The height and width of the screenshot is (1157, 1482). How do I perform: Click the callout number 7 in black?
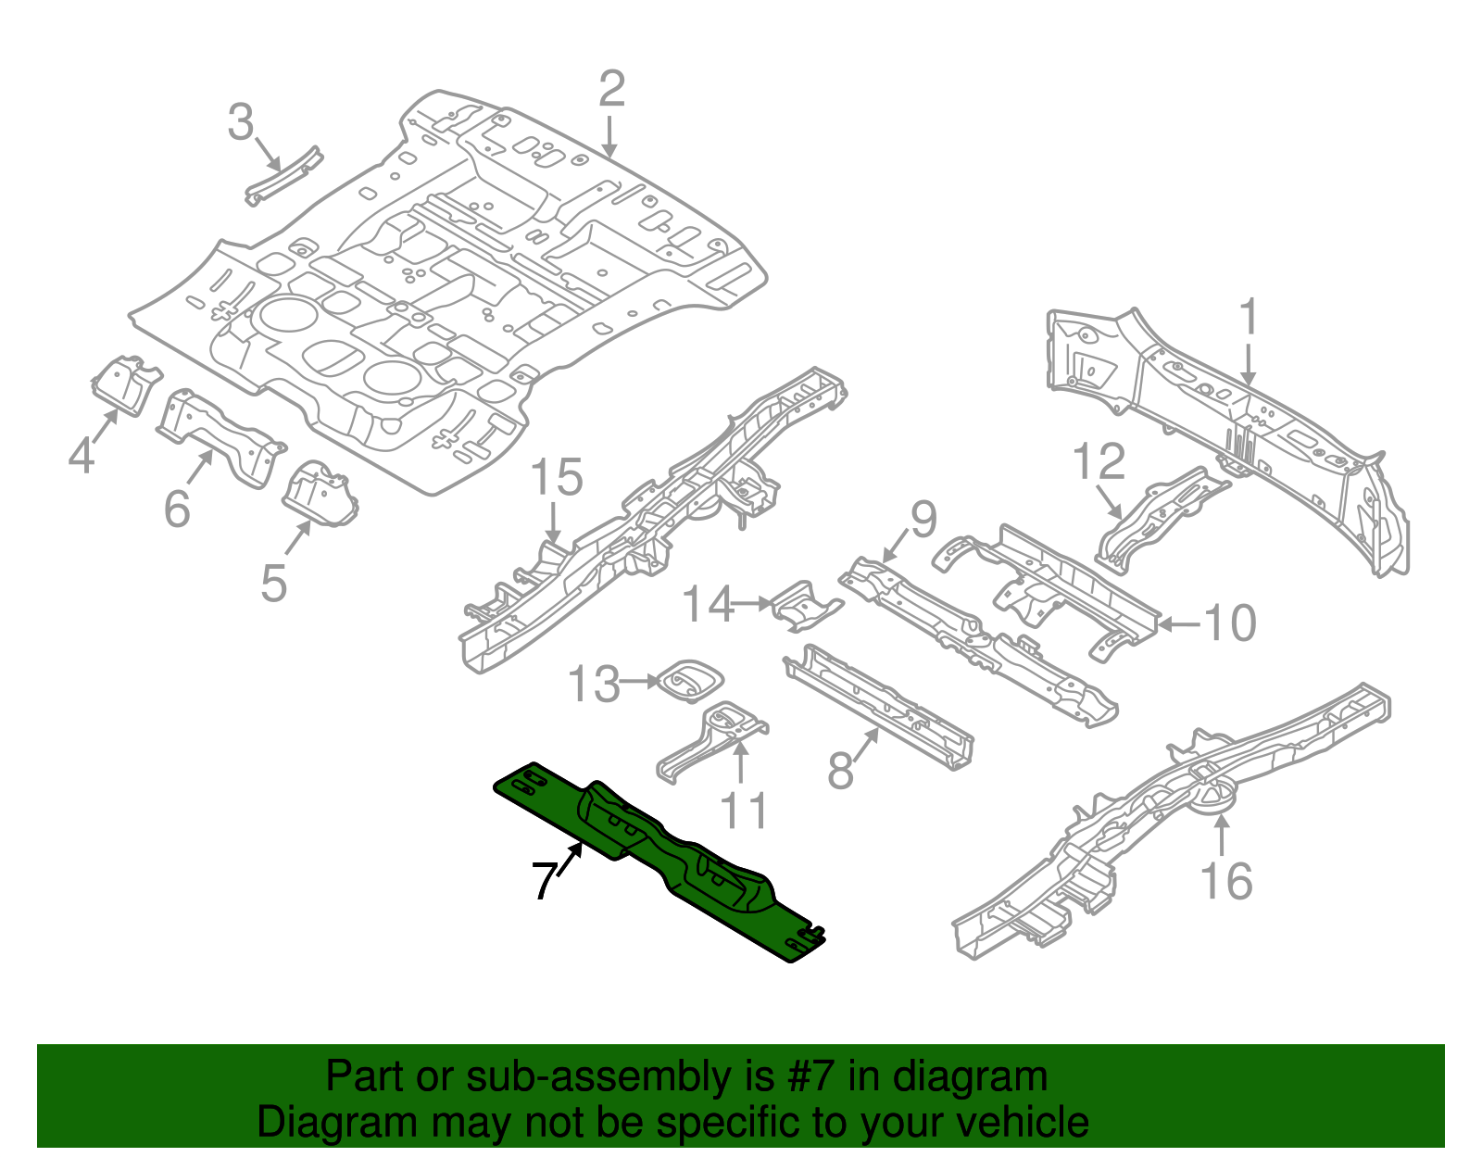(545, 880)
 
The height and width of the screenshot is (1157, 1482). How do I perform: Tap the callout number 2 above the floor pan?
(611, 90)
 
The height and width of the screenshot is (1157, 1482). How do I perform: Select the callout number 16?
(1225, 881)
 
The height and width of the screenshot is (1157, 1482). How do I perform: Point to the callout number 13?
(593, 685)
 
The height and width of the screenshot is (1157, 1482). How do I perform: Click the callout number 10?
(1230, 623)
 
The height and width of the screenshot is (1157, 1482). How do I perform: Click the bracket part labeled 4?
(122, 383)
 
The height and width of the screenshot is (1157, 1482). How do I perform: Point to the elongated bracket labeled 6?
(219, 435)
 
